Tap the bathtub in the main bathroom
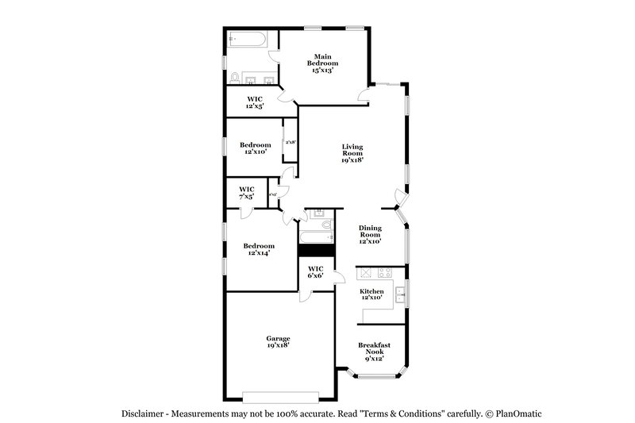click(247, 39)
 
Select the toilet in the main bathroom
click(235, 77)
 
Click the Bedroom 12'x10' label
click(256, 148)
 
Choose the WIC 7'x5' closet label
click(246, 192)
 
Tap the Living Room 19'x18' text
click(352, 152)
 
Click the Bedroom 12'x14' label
click(259, 249)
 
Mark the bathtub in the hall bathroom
click(315, 237)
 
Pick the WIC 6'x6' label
click(315, 272)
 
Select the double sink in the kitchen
click(401, 293)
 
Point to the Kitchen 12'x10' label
click(372, 294)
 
